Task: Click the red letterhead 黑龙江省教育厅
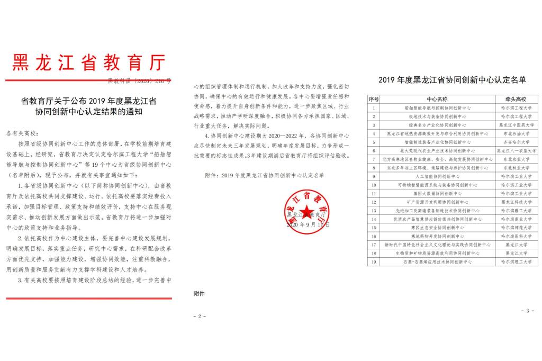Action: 88,62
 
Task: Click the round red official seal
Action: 308,209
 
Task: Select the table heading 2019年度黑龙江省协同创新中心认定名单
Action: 453,80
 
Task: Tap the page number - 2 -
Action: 200,316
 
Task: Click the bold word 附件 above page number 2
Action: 199,293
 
